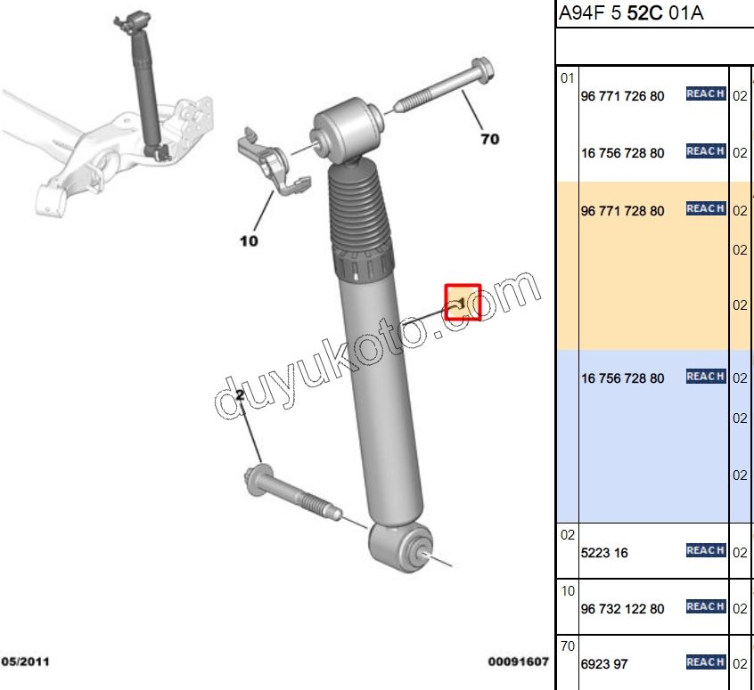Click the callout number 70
[x=490, y=140]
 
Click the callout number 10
[x=249, y=240]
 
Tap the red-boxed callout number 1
[x=463, y=302]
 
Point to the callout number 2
[x=240, y=395]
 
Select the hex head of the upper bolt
[x=482, y=69]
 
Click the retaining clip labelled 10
[x=273, y=163]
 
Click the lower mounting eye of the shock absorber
[x=400, y=548]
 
